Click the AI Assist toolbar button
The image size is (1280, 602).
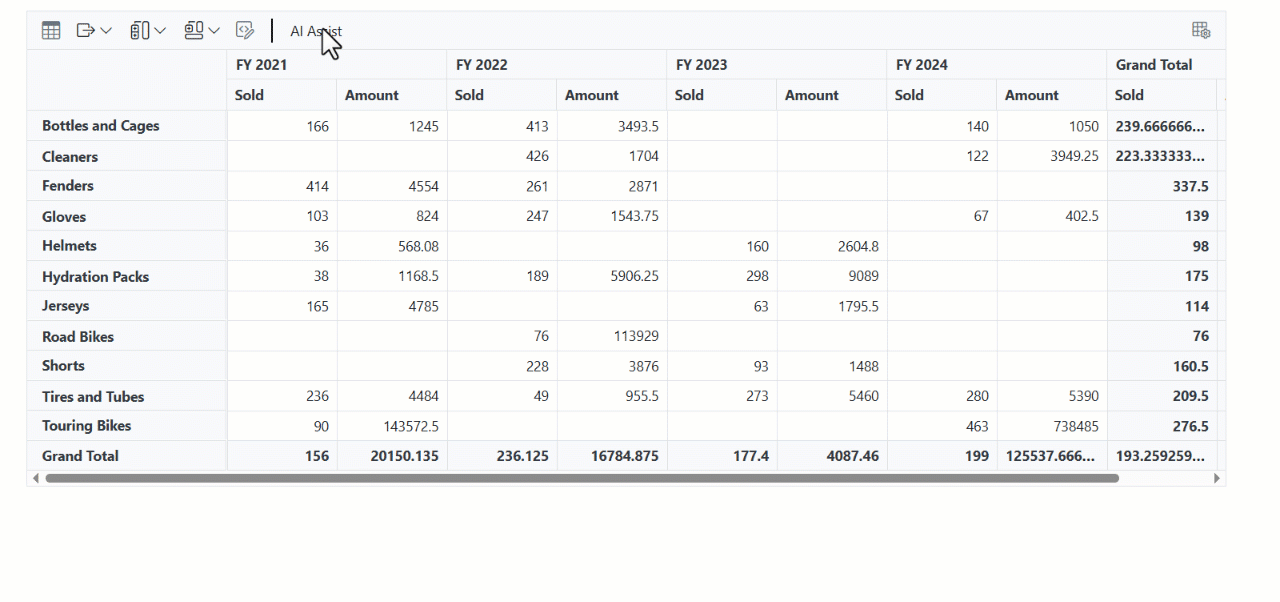315,31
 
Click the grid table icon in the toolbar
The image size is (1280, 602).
51,31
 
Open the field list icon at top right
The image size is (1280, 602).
1201,30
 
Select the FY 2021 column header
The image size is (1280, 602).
262,65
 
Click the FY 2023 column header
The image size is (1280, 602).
702,65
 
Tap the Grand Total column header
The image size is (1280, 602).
1154,65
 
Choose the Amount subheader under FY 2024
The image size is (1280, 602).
1031,95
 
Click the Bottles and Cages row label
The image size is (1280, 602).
101,126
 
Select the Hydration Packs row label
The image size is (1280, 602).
95,276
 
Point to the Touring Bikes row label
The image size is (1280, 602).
87,426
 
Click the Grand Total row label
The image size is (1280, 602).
80,456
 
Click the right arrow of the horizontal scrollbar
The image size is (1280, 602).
1217,478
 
